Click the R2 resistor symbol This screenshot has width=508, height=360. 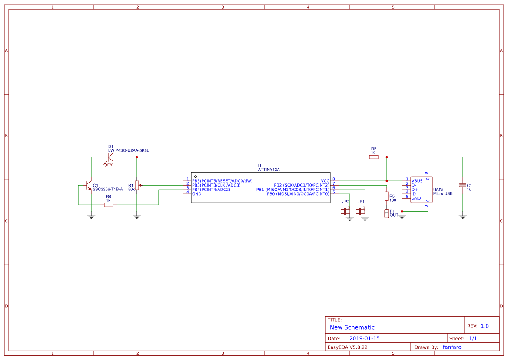pyautogui.click(x=374, y=157)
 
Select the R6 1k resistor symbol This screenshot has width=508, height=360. pyautogui.click(x=109, y=205)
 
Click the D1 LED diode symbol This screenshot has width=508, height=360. pyautogui.click(x=110, y=157)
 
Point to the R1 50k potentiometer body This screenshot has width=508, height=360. pyautogui.click(x=137, y=185)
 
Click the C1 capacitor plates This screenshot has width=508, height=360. pyautogui.click(x=463, y=185)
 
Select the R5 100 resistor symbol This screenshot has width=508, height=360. pyautogui.click(x=386, y=196)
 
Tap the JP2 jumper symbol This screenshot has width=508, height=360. pyautogui.click(x=345, y=211)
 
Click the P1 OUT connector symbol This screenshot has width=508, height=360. pyautogui.click(x=386, y=213)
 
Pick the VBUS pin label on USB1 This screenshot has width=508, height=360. pyautogui.click(x=417, y=181)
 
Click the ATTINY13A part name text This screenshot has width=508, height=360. pyautogui.click(x=269, y=170)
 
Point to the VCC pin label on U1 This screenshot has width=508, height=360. pyautogui.click(x=325, y=181)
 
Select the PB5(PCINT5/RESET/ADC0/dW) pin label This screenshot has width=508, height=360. pyautogui.click(x=222, y=181)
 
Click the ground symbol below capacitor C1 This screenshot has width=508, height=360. pyautogui.click(x=463, y=217)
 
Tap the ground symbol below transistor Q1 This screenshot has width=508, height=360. pyautogui.click(x=91, y=217)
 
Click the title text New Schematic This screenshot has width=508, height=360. pyautogui.click(x=352, y=327)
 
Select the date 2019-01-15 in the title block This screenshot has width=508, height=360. pyautogui.click(x=364, y=338)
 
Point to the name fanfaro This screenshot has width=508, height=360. pyautogui.click(x=452, y=347)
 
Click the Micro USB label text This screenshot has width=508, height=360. pyautogui.click(x=443, y=193)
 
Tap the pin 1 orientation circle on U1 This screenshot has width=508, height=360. pyautogui.click(x=196, y=177)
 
